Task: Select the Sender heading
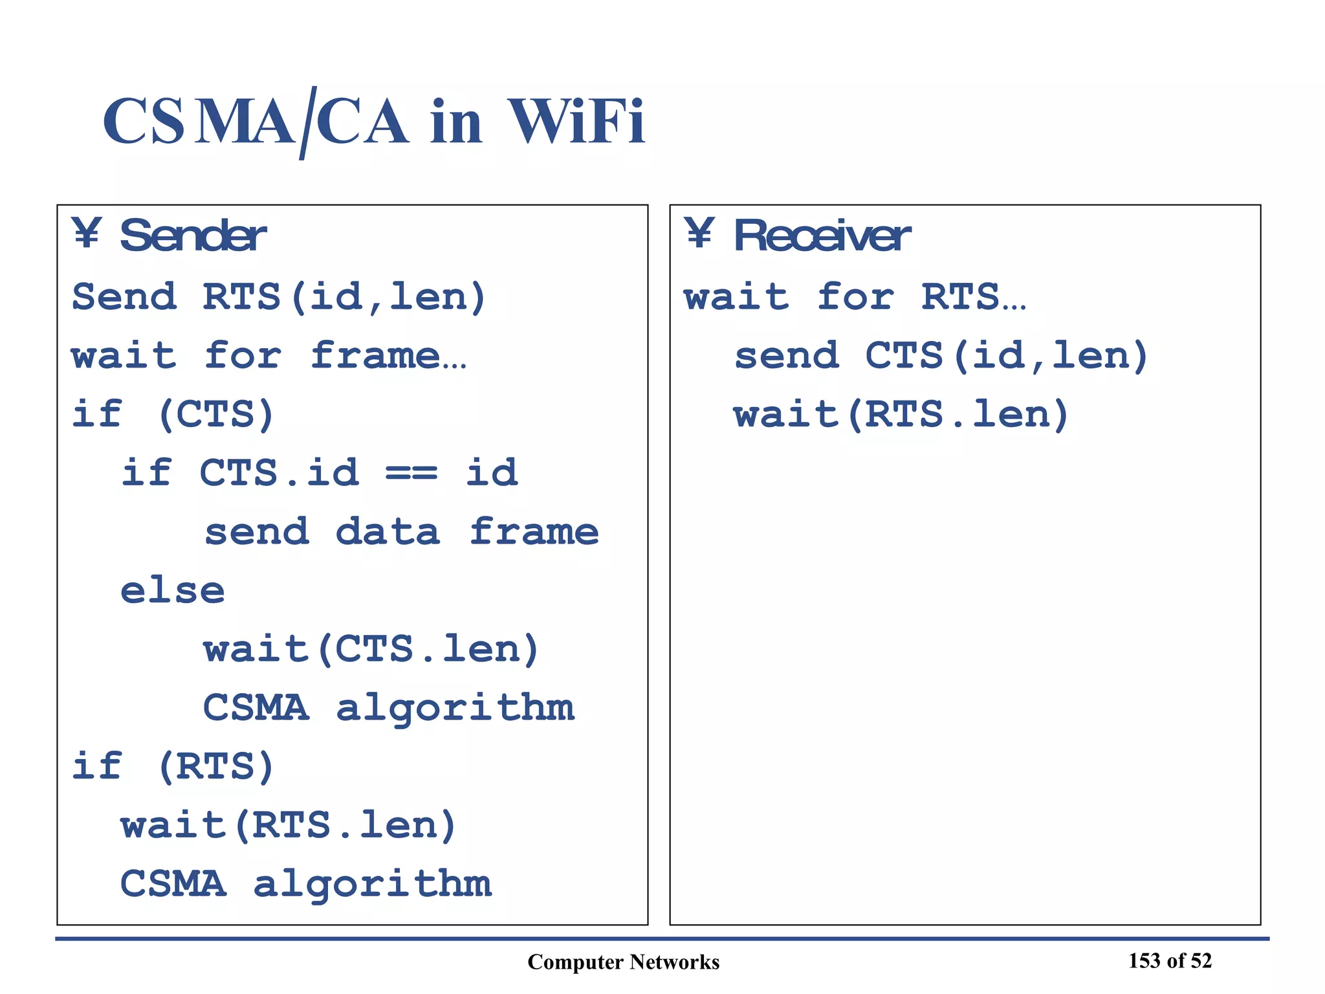tap(193, 236)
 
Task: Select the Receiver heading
tap(822, 236)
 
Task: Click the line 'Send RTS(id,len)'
tap(278, 297)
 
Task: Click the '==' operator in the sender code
tap(411, 473)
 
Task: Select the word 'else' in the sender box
tap(173, 591)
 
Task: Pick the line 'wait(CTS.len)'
tap(371, 649)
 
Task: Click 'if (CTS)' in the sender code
tap(173, 414)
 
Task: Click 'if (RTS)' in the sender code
tap(173, 767)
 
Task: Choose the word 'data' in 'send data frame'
tap(388, 532)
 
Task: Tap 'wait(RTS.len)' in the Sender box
tap(289, 826)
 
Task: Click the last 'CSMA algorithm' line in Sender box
tap(305, 884)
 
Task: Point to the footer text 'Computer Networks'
tap(623, 962)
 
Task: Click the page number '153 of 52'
tap(1170, 961)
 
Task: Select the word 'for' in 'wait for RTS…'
tap(855, 297)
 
